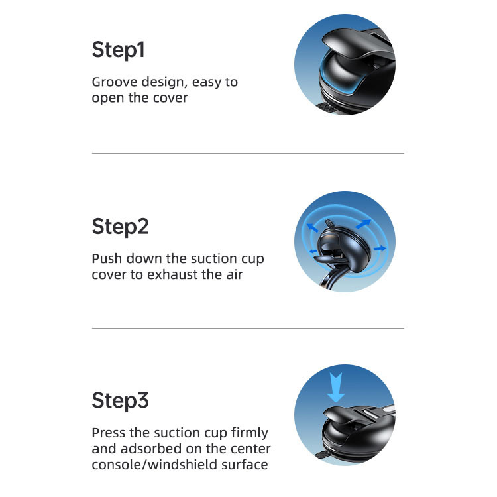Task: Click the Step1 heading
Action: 118,50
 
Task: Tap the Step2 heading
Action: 120,227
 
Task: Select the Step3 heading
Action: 120,400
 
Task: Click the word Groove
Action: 115,82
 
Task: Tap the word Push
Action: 107,258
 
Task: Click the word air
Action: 234,274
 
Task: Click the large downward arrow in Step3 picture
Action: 336,388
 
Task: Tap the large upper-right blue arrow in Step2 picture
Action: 363,223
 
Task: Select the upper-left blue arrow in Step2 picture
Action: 313,227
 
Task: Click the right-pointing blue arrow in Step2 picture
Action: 380,248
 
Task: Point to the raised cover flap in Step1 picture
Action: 356,44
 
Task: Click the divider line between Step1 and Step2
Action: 248,154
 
